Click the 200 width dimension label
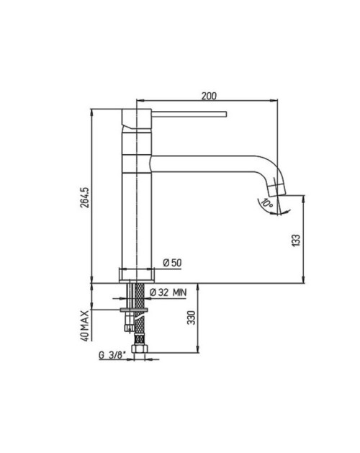pos(209,96)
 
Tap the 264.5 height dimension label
pos(85,197)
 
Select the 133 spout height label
pos(296,241)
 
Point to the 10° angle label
pos(266,202)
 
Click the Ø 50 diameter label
pos(172,263)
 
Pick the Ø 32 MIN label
pos(168,292)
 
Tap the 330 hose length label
pos(192,318)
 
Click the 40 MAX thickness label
pos(85,326)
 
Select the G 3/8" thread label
pos(112,355)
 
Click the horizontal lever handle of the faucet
pos(189,114)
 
